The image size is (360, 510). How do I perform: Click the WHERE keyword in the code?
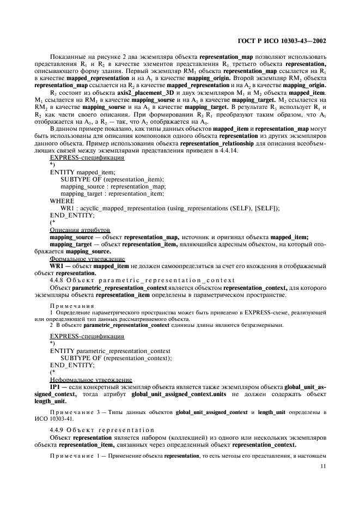[62, 201]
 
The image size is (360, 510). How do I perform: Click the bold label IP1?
[55, 386]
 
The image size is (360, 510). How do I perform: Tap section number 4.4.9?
[59, 430]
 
